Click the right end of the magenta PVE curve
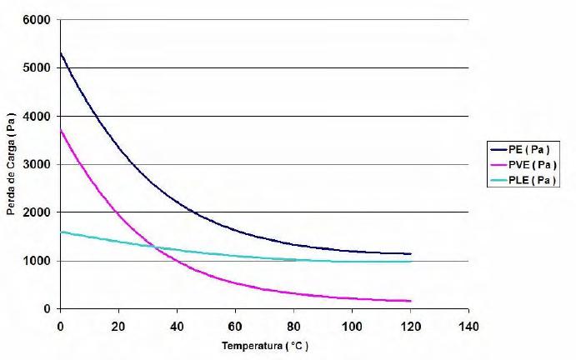(410, 301)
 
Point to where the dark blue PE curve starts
(60, 52)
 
